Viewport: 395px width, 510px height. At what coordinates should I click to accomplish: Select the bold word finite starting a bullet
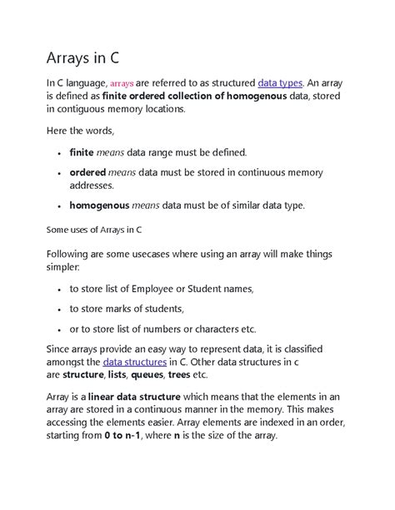pos(82,153)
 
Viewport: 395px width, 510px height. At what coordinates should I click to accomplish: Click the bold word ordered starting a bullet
pos(87,172)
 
